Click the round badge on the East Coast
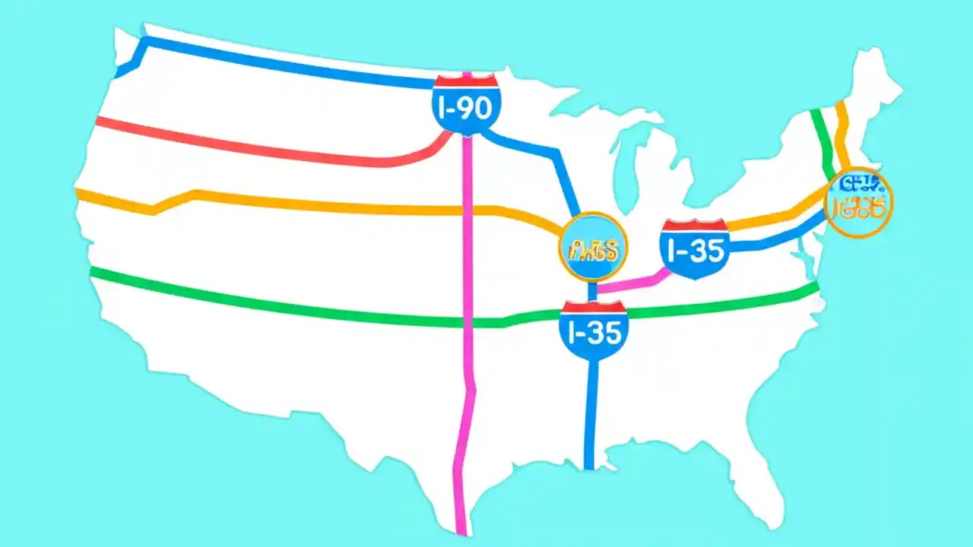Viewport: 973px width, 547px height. (x=859, y=202)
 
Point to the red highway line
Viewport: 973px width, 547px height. (x=266, y=148)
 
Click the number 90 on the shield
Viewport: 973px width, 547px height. (x=475, y=109)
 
